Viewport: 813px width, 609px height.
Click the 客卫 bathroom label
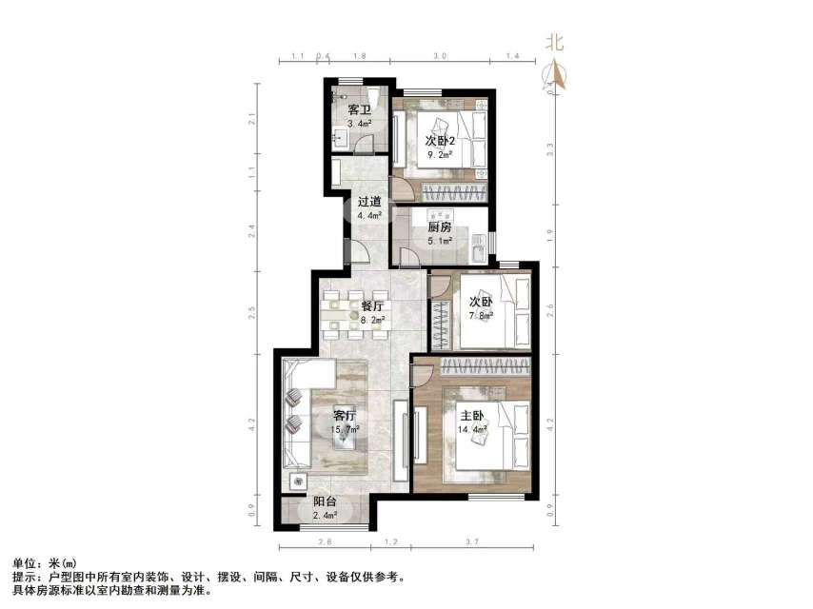(x=359, y=110)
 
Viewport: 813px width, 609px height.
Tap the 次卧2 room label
(x=440, y=141)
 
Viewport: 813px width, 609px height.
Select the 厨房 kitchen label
(x=439, y=227)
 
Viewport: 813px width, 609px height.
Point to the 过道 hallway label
(x=369, y=202)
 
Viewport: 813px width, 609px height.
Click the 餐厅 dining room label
(x=372, y=306)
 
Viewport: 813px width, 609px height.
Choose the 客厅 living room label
(x=344, y=416)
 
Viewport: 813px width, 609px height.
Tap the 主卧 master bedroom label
(x=474, y=415)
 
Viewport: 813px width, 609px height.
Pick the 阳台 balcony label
(x=325, y=502)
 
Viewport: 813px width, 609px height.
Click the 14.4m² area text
(x=473, y=429)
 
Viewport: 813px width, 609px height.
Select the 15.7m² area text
(x=344, y=430)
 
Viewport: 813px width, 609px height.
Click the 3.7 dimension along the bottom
(x=470, y=541)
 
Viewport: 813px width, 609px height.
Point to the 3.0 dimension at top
(x=440, y=57)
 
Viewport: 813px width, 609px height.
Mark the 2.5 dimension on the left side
(x=252, y=310)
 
